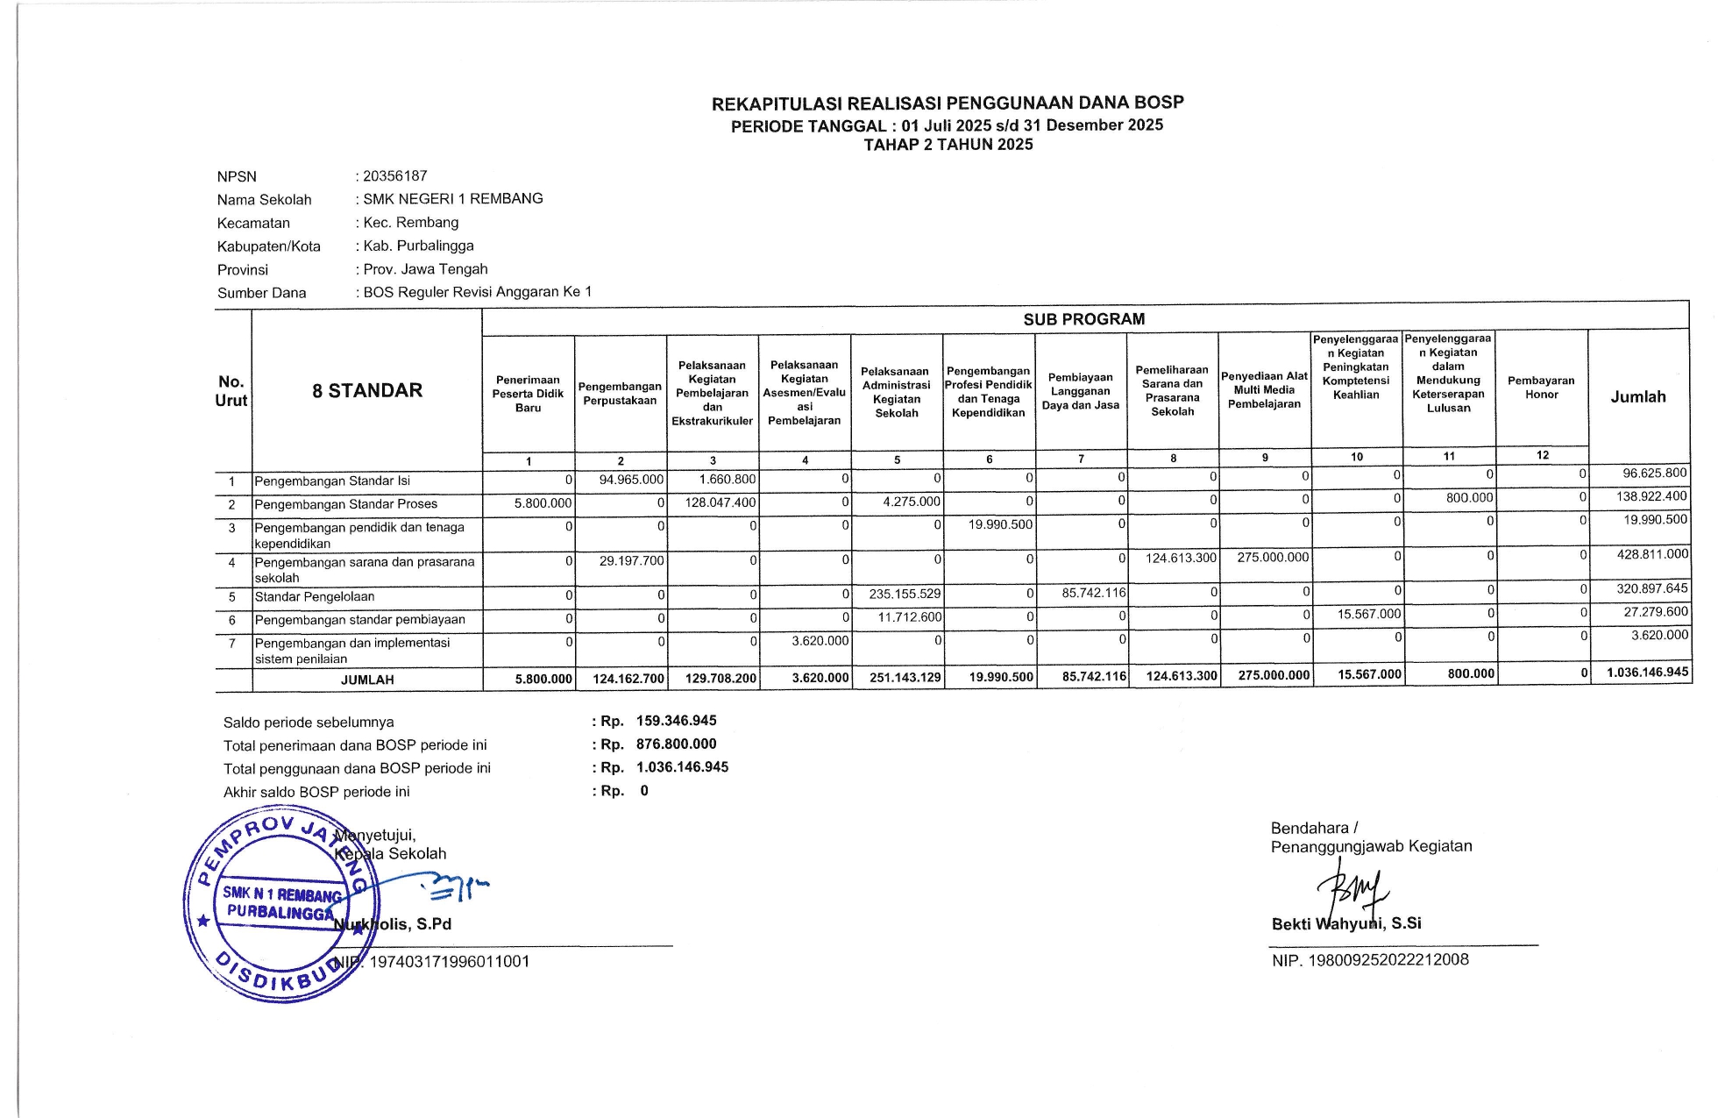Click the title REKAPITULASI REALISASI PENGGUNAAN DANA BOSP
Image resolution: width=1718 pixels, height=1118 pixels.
948,103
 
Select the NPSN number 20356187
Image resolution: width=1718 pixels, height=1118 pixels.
395,176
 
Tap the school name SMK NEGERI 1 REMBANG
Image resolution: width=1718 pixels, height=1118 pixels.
453,199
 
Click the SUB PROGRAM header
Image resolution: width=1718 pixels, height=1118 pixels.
1084,319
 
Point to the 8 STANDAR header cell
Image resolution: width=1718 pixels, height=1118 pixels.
367,391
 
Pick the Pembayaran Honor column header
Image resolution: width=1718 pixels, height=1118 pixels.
1541,388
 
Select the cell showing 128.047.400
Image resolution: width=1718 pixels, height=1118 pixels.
720,503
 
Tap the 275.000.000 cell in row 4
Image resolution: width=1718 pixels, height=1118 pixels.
1273,558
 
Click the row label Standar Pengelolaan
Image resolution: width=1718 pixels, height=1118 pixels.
315,597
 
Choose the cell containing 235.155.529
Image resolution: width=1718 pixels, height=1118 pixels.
905,594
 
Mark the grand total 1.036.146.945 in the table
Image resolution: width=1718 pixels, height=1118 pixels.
1647,673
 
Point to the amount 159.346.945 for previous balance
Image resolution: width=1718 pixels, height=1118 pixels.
676,721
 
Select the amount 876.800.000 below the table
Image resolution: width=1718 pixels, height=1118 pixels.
676,744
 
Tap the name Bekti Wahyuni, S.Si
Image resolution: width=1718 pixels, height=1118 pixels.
1346,923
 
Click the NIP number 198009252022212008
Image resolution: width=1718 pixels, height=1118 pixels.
1388,959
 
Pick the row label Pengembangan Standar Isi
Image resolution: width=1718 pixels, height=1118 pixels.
332,481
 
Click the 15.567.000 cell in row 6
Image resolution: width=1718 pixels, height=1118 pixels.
1369,615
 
